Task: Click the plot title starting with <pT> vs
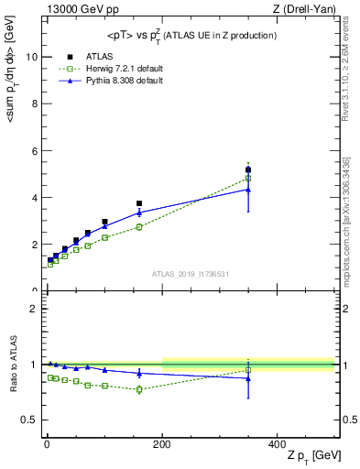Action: (186, 35)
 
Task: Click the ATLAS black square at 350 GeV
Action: (248, 169)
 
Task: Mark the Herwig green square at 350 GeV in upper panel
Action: (248, 178)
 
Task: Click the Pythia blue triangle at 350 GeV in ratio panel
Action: (248, 378)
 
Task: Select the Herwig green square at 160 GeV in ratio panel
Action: (139, 389)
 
